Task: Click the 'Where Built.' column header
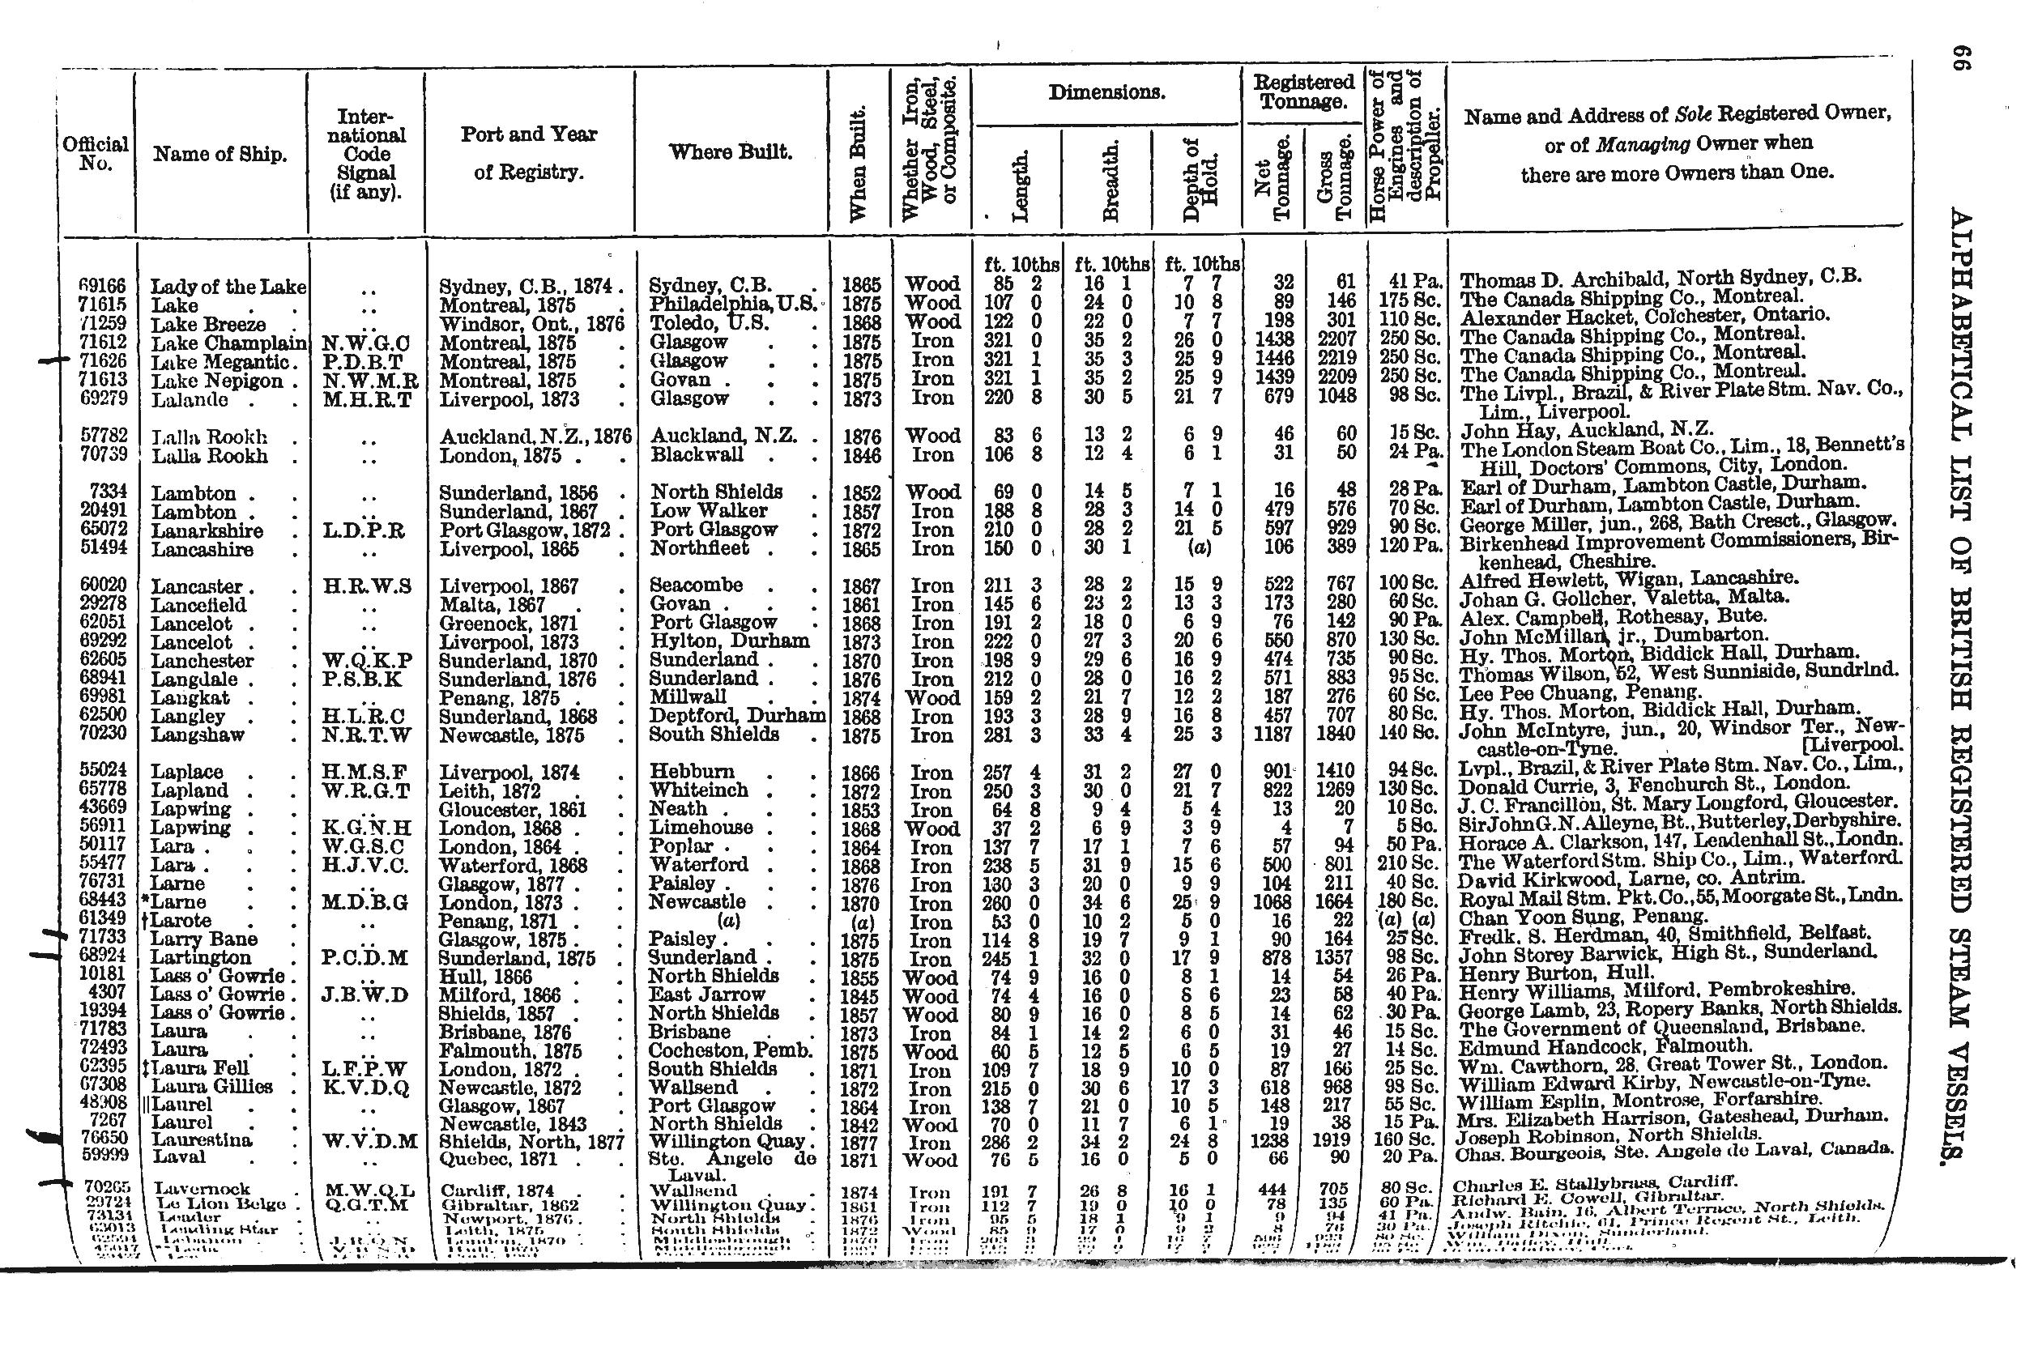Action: coord(730,152)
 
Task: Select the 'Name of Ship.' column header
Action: coord(220,154)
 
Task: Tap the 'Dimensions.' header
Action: coord(1106,93)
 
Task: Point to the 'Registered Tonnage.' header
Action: coord(1302,92)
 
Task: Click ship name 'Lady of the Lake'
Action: coord(228,287)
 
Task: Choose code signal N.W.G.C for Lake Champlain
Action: coord(366,343)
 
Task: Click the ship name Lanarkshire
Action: coord(207,530)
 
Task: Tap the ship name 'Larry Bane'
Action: coord(204,939)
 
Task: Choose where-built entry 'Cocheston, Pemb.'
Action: coord(731,1050)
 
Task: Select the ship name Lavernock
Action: coord(202,1189)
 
